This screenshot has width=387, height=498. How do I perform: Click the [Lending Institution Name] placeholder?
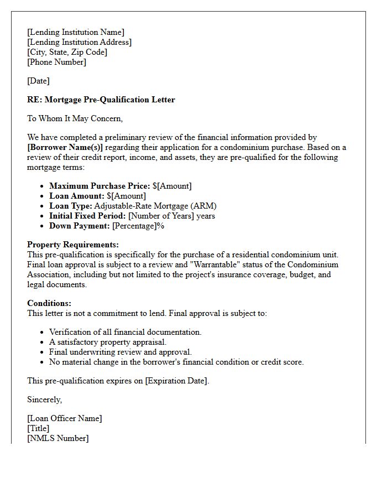(x=76, y=32)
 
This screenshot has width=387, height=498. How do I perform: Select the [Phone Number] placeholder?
(x=56, y=62)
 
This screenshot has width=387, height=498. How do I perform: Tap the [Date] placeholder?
(x=38, y=81)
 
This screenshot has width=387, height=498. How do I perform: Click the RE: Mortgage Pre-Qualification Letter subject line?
(x=101, y=100)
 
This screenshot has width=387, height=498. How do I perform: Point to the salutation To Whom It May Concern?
(x=75, y=118)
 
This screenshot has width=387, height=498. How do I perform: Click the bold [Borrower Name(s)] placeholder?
(x=65, y=147)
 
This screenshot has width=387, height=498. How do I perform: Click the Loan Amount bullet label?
(x=76, y=196)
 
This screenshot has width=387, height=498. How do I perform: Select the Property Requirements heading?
(x=73, y=245)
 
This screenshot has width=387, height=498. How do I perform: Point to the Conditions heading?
(x=49, y=303)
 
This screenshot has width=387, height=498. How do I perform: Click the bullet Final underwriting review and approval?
(x=121, y=352)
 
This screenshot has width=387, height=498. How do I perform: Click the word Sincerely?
(x=45, y=400)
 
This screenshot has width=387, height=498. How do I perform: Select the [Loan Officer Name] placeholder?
(x=65, y=418)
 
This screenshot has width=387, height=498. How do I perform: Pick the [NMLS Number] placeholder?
(x=57, y=438)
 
